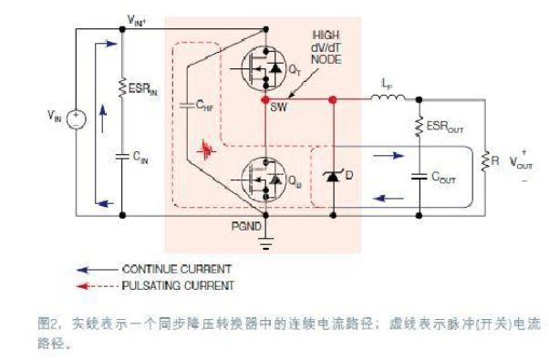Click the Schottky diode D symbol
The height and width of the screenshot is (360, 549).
(334, 174)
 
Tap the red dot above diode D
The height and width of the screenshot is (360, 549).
(334, 98)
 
